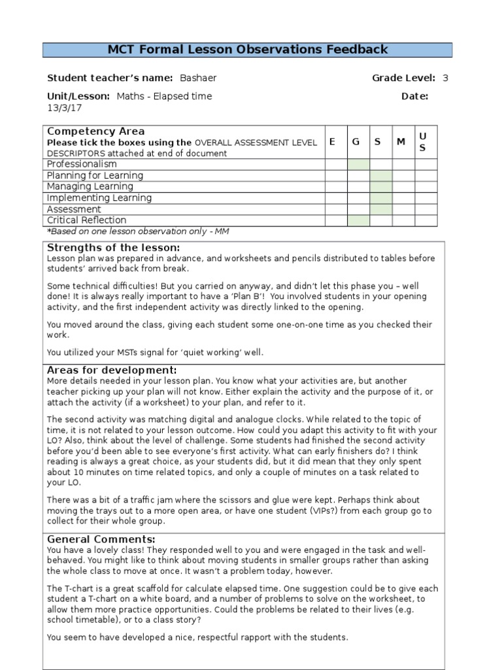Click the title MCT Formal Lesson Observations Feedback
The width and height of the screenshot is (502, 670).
pyautogui.click(x=247, y=50)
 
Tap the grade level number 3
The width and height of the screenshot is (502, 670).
pyautogui.click(x=445, y=79)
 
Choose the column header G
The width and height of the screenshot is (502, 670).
pyautogui.click(x=357, y=142)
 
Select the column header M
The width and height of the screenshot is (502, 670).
pyautogui.click(x=401, y=142)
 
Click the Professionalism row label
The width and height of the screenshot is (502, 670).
pyautogui.click(x=82, y=164)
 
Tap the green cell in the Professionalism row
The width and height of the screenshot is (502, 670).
pyautogui.click(x=358, y=164)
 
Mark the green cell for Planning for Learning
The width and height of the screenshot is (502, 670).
pyautogui.click(x=380, y=175)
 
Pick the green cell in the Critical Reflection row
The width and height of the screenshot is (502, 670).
pyautogui.click(x=358, y=220)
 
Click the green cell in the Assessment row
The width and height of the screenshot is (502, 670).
pyautogui.click(x=380, y=209)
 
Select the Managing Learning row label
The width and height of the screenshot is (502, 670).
pyautogui.click(x=90, y=186)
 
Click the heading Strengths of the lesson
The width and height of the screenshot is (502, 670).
pyautogui.click(x=113, y=247)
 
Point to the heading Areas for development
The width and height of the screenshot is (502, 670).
pyautogui.click(x=112, y=370)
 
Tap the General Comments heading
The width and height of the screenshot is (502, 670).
pyautogui.click(x=101, y=539)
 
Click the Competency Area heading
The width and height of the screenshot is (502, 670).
pyautogui.click(x=96, y=132)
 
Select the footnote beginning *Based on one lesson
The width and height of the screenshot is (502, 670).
pyautogui.click(x=138, y=231)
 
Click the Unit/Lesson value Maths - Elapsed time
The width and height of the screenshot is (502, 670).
pyautogui.click(x=164, y=96)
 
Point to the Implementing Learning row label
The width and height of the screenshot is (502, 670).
pyautogui.click(x=99, y=198)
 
